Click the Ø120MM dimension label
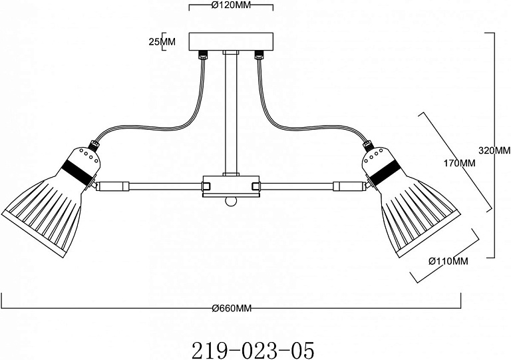click(x=231, y=5)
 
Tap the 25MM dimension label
click(x=162, y=42)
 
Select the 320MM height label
click(x=494, y=150)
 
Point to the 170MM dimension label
click(x=459, y=163)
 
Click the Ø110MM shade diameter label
click(x=448, y=261)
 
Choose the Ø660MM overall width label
click(x=232, y=308)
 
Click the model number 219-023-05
click(x=254, y=350)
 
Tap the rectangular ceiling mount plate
click(x=231, y=41)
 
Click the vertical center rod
click(x=231, y=114)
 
